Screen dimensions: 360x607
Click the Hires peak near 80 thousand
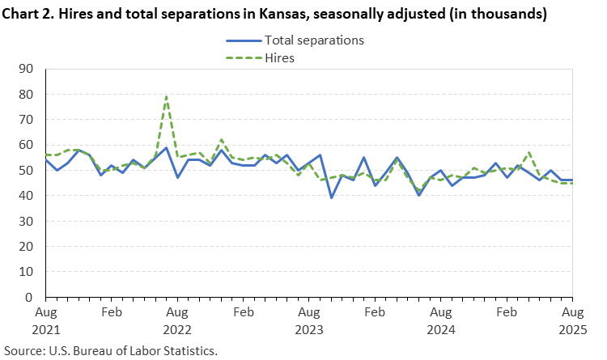click(166, 97)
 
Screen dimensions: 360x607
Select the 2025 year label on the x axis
click(571, 329)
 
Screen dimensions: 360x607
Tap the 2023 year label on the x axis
click(308, 329)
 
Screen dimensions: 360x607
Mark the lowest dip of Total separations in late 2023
click(331, 197)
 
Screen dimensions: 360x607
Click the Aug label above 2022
click(176, 311)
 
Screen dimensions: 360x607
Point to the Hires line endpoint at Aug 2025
click(571, 183)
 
